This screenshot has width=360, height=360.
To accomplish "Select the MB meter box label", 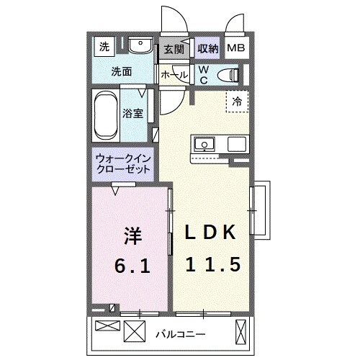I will pyautogui.click(x=235, y=49).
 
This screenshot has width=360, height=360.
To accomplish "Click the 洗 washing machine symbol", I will pyautogui.click(x=104, y=48).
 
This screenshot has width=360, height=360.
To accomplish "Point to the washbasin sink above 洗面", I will pyautogui.click(x=139, y=48).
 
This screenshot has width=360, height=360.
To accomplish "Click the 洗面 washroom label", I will pyautogui.click(x=121, y=72).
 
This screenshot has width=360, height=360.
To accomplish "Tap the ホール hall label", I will pyautogui.click(x=174, y=75).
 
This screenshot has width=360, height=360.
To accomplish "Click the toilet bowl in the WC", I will pyautogui.click(x=229, y=73).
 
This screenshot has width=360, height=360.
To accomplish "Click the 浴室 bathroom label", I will pyautogui.click(x=131, y=113).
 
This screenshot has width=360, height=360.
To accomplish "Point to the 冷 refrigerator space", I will pyautogui.click(x=236, y=102).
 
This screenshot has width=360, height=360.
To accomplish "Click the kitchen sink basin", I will pyautogui.click(x=204, y=144).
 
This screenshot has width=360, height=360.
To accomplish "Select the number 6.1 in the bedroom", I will pyautogui.click(x=132, y=267).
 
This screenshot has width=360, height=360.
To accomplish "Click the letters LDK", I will pyautogui.click(x=211, y=233).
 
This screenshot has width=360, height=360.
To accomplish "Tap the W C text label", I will pyautogui.click(x=204, y=75).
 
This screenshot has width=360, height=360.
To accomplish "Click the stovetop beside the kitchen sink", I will pyautogui.click(x=237, y=143).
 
